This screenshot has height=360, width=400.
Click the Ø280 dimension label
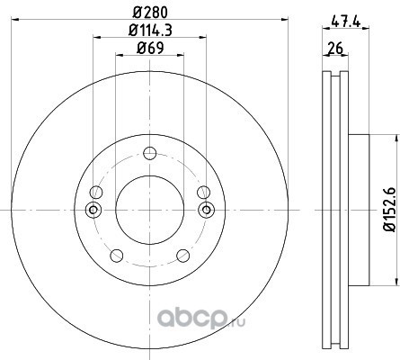tap(150, 13)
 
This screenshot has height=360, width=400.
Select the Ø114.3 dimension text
tap(150, 31)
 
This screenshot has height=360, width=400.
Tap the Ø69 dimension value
tap(150, 49)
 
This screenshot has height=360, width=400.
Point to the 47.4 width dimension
tap(346, 22)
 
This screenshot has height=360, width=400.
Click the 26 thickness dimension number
tap(335, 49)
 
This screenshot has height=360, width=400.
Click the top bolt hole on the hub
tap(150, 153)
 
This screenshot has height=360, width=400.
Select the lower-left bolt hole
tap(117, 256)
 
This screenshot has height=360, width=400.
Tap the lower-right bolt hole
tap(182, 256)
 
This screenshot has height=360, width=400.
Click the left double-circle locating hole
tap(93, 210)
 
